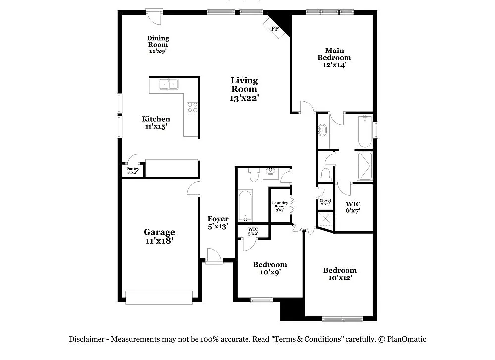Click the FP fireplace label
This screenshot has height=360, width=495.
point(275,29)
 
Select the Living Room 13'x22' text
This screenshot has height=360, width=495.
point(244,89)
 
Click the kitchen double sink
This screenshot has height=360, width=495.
point(168,84)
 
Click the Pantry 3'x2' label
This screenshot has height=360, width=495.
point(133,171)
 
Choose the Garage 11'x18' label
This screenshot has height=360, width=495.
point(159,236)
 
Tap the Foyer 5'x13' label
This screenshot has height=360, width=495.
point(218,223)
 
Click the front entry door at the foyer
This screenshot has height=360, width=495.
point(214,257)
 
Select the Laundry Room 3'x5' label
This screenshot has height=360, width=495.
point(280,206)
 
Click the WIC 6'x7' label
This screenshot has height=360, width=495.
point(353,207)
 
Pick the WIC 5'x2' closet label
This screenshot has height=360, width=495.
point(253,231)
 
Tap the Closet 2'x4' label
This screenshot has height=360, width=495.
point(325,202)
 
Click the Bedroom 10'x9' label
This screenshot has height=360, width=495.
point(270,268)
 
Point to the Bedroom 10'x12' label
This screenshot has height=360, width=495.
point(340,274)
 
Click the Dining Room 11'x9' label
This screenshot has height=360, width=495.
point(158,44)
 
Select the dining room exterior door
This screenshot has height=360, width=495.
point(154,17)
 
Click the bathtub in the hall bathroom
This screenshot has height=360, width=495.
point(245,206)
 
